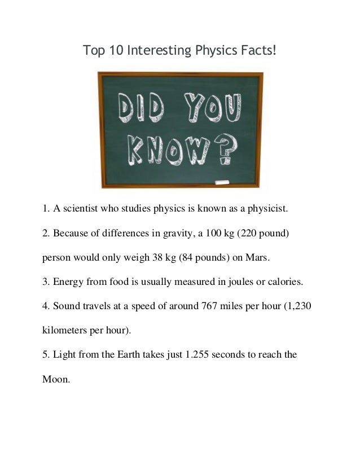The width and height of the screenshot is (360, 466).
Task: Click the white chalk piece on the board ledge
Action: [221, 182]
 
